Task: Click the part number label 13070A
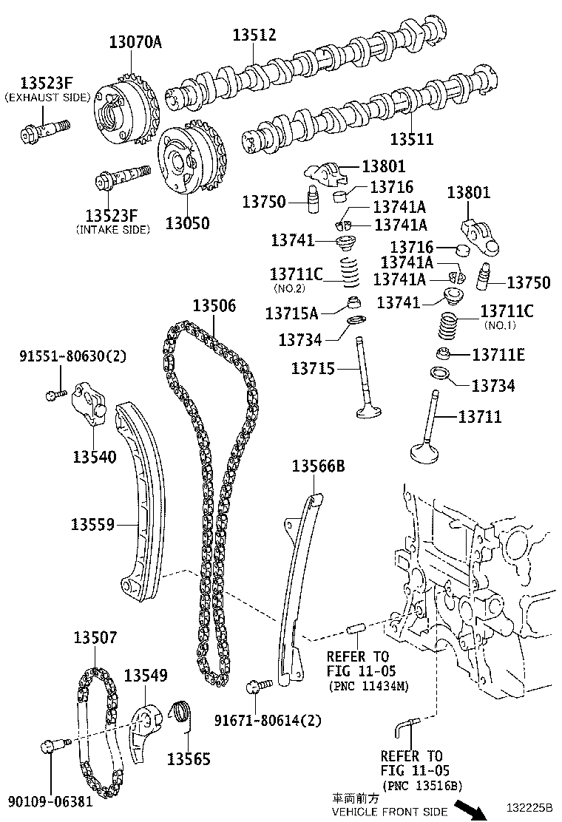click(x=135, y=42)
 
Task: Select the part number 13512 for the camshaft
click(x=254, y=35)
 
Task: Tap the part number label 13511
click(x=412, y=138)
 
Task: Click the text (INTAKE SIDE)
click(x=112, y=230)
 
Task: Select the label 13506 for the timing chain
click(x=214, y=306)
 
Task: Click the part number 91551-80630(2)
click(x=72, y=356)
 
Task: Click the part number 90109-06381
click(x=50, y=801)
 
